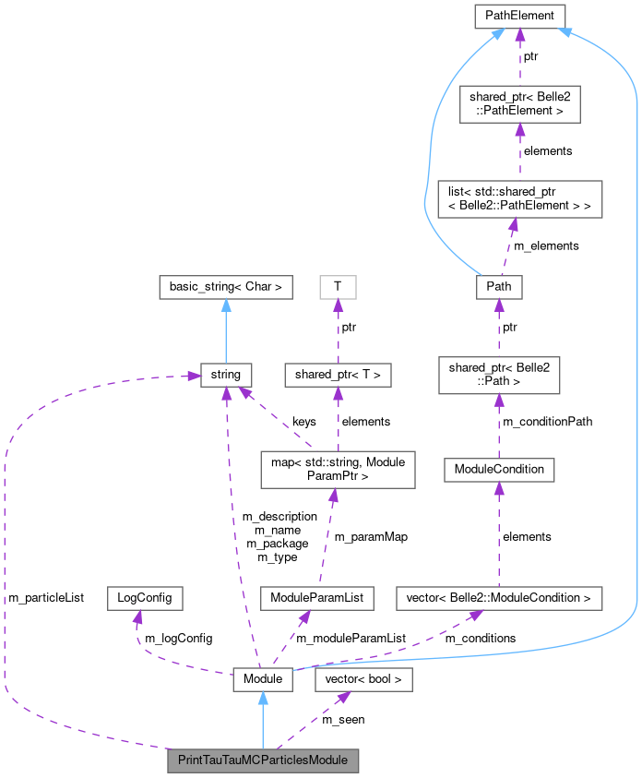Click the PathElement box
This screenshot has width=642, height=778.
[519, 15]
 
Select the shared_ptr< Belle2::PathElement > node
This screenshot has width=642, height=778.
[519, 104]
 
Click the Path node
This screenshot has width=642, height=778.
[499, 287]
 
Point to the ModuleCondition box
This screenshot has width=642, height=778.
[499, 470]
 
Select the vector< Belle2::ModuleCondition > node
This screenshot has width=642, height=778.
[499, 598]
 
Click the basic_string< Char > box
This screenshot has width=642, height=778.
[226, 287]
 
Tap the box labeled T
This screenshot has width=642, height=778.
[338, 287]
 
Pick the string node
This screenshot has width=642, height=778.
[226, 375]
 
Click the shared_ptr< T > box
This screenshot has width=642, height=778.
[338, 375]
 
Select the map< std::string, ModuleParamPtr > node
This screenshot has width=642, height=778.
[338, 470]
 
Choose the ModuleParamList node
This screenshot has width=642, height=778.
[316, 598]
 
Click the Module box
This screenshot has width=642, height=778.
[263, 680]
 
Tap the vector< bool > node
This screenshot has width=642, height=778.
[363, 680]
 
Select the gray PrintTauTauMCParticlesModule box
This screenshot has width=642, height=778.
[263, 761]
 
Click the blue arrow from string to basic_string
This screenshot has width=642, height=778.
[226, 332]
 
